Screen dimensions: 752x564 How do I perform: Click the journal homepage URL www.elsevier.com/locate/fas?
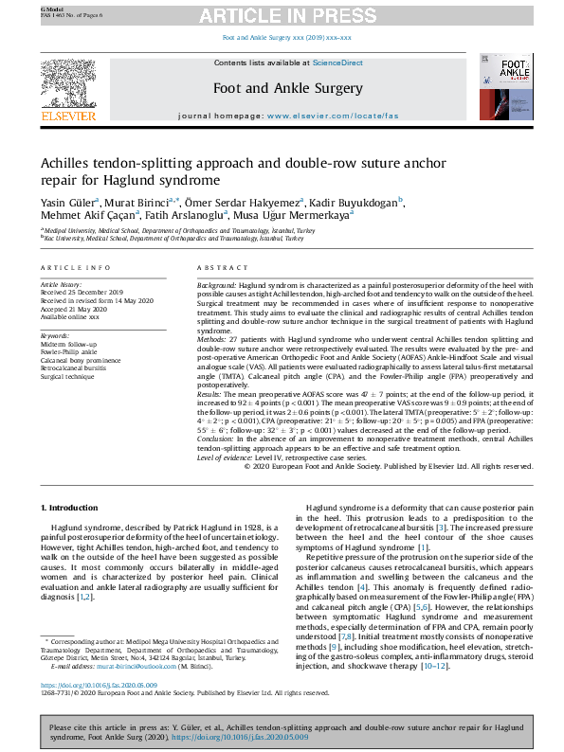(332, 116)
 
